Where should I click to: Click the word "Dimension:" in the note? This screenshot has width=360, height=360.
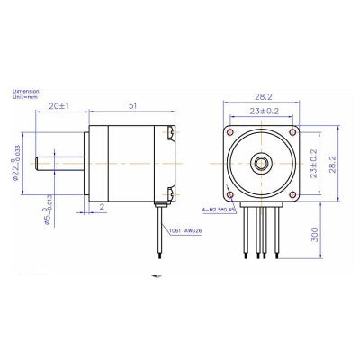24,91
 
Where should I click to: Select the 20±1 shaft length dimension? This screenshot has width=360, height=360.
59,106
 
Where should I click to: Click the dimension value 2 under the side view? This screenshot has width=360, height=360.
102,207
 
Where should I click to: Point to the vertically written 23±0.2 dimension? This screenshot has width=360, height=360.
315,164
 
